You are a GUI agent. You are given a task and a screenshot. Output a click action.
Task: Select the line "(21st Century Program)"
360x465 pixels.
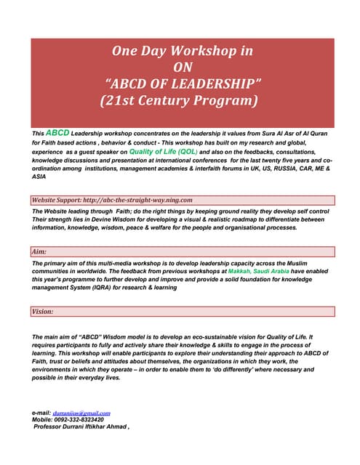pyautogui.click(x=180, y=100)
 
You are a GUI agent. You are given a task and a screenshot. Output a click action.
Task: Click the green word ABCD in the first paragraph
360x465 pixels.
pyautogui.click(x=57, y=134)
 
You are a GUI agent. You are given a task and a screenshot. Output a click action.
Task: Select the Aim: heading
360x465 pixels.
pyautogui.click(x=39, y=251)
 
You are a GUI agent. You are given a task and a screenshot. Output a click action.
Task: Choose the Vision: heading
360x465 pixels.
pyautogui.click(x=44, y=312)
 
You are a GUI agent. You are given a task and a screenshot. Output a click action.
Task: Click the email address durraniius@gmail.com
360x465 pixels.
pyautogui.click(x=87, y=413)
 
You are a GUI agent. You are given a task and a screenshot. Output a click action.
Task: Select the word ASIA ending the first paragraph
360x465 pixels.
pyautogui.click(x=39, y=176)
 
